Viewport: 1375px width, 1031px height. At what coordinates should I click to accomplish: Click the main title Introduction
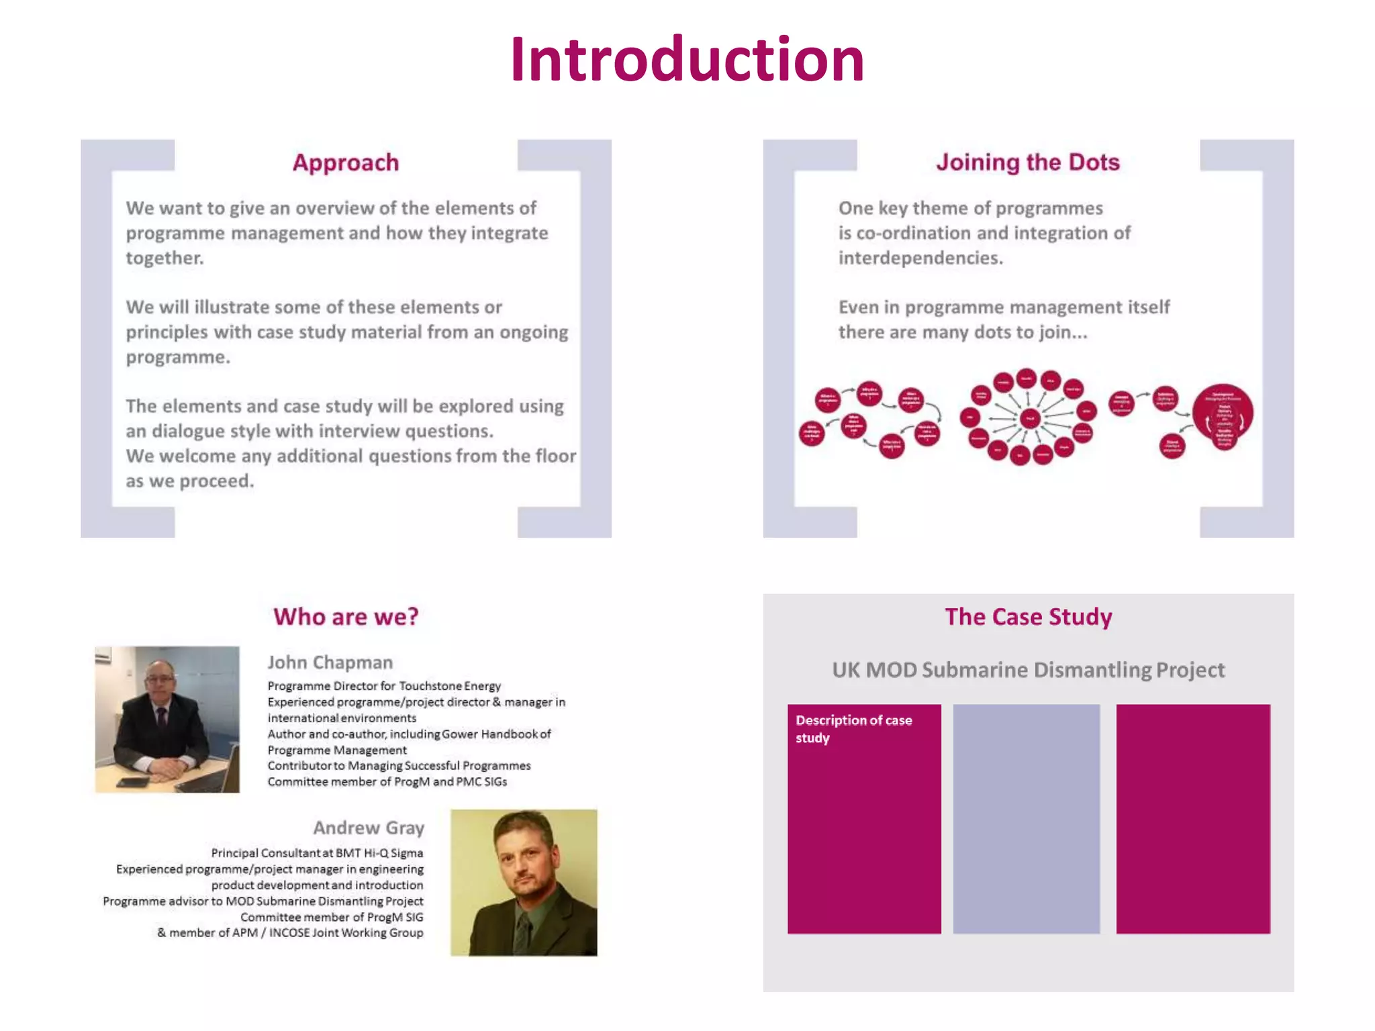pyautogui.click(x=687, y=60)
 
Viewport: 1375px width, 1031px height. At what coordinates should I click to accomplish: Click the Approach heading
pyautogui.click(x=346, y=162)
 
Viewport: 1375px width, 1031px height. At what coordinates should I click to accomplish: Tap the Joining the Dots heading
pyautogui.click(x=1028, y=162)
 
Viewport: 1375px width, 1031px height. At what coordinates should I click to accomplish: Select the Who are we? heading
pyautogui.click(x=346, y=616)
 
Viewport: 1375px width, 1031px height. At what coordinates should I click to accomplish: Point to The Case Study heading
pyautogui.click(x=1028, y=616)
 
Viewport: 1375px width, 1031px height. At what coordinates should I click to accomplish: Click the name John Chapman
pyautogui.click(x=330, y=662)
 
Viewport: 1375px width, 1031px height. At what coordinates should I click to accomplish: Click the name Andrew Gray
pyautogui.click(x=369, y=828)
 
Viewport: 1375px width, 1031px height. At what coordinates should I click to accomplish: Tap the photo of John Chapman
pyautogui.click(x=167, y=719)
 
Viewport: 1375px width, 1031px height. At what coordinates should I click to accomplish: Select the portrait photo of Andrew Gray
pyautogui.click(x=524, y=882)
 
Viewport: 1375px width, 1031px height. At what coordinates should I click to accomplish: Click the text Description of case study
pyautogui.click(x=853, y=728)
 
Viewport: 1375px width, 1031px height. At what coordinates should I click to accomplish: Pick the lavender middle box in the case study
pyautogui.click(x=1026, y=818)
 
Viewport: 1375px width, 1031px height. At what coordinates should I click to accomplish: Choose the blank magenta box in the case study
pyautogui.click(x=1192, y=818)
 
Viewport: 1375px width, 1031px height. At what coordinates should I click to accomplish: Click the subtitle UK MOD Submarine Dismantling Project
pyautogui.click(x=1028, y=670)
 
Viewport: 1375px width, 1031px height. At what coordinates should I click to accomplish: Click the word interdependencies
pyautogui.click(x=920, y=258)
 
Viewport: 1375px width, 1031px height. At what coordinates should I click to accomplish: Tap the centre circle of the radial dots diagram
pyautogui.click(x=1029, y=419)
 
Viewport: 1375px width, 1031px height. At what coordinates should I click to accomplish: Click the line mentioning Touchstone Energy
pyautogui.click(x=384, y=686)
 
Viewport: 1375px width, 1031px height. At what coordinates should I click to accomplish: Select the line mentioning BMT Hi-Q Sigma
pyautogui.click(x=317, y=853)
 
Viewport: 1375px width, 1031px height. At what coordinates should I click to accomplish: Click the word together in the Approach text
pyautogui.click(x=164, y=258)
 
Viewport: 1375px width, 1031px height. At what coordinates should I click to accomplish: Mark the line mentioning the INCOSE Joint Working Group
pyautogui.click(x=290, y=932)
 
